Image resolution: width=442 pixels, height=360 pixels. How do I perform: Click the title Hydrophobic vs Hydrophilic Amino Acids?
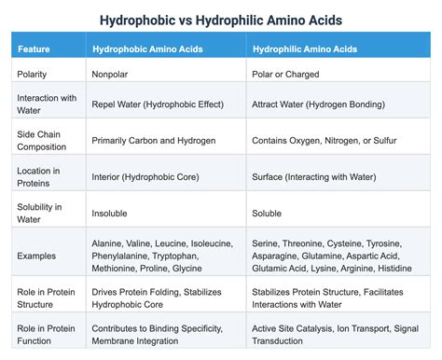tap(221, 19)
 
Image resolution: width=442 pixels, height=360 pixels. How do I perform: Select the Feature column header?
tap(35, 47)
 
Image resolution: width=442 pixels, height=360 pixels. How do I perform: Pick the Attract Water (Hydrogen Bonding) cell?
tap(320, 104)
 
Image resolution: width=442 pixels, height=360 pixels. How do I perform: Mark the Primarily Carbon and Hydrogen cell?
tap(155, 140)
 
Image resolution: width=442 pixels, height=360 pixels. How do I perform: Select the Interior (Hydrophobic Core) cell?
tap(150, 175)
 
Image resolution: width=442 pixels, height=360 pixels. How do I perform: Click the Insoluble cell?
tap(109, 213)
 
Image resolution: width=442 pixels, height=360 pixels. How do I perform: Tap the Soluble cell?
tap(269, 213)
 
